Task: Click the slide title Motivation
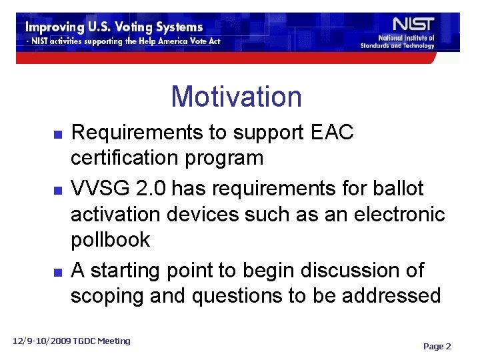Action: click(236, 97)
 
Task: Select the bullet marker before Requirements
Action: click(58, 134)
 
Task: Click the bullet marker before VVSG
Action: click(58, 190)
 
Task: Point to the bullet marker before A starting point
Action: click(58, 272)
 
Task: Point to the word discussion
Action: click(351, 270)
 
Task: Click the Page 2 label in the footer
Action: click(437, 346)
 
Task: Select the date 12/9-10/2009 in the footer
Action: click(45, 341)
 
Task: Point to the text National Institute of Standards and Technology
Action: click(397, 42)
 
